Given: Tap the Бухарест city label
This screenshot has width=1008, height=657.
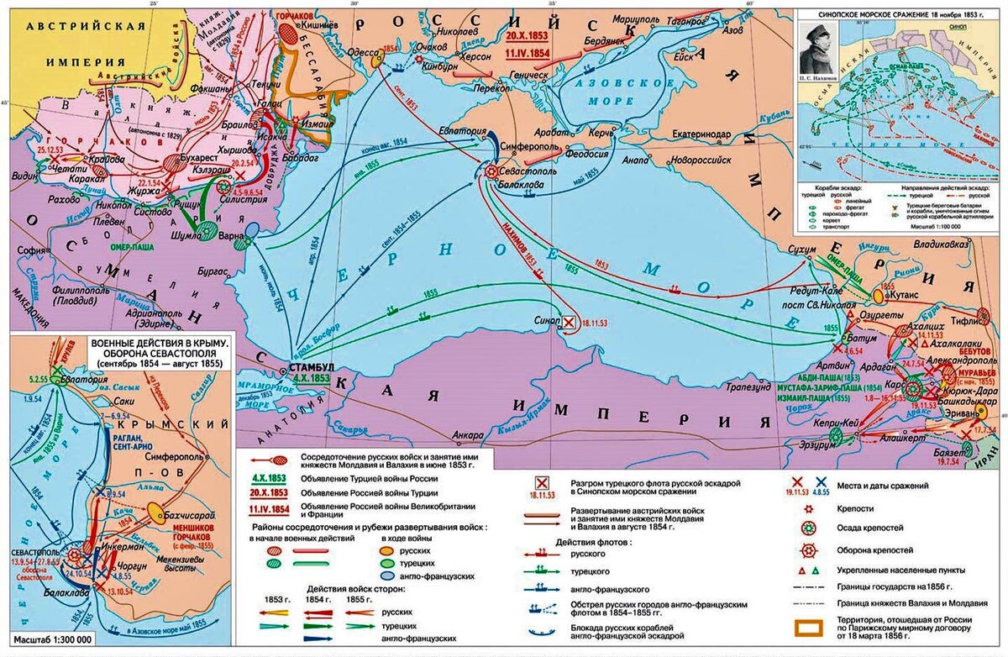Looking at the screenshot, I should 202,155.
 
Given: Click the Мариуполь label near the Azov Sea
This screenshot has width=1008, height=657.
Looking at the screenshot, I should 612,18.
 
